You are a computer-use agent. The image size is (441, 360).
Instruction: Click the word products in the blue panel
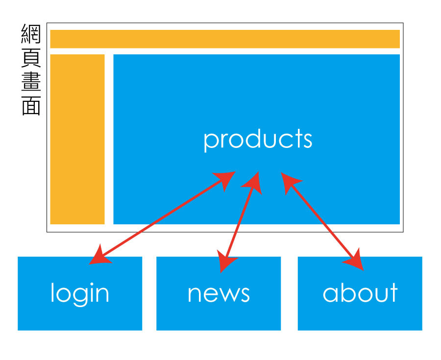pos(258,140)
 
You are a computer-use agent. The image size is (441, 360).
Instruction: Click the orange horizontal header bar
pos(225,39)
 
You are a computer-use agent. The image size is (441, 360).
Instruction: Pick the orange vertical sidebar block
pos(77,139)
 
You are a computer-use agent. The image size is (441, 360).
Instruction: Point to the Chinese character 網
pos(31,35)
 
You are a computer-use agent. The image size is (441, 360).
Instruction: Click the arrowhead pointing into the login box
pos(99,256)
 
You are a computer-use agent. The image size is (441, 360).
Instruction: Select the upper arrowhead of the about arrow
pos(289,182)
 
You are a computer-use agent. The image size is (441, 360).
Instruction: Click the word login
pos(80,293)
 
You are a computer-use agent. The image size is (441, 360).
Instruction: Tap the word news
pos(219,294)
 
